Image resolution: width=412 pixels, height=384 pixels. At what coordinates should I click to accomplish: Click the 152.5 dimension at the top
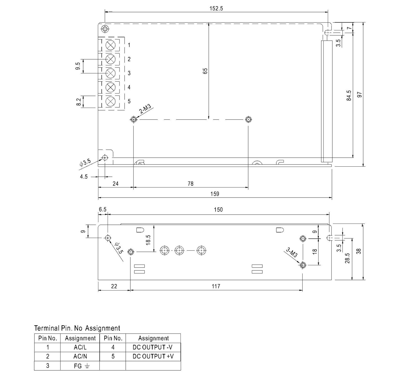click(x=216, y=8)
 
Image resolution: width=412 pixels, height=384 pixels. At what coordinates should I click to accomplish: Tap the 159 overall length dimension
click(x=215, y=194)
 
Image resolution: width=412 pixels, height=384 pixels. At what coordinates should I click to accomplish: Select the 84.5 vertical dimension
click(x=349, y=95)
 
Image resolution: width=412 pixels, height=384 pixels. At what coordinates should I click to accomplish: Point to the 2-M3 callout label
click(x=145, y=109)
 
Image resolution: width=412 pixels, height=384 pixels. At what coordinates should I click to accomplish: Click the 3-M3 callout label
click(x=292, y=253)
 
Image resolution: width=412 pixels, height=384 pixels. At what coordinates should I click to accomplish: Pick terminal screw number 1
click(x=110, y=45)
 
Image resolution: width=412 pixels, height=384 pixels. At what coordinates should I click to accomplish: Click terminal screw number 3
click(x=110, y=73)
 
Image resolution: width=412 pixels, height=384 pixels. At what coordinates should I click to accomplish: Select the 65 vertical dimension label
click(x=205, y=71)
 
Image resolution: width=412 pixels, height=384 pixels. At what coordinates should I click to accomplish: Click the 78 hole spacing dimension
click(x=191, y=184)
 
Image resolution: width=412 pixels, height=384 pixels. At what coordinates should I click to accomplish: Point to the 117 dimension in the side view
click(x=216, y=286)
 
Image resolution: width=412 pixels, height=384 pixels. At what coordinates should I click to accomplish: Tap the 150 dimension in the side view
click(x=218, y=210)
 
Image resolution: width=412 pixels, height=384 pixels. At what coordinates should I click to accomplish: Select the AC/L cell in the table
click(x=80, y=347)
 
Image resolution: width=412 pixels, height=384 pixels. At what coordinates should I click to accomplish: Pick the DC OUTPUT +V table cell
click(x=153, y=356)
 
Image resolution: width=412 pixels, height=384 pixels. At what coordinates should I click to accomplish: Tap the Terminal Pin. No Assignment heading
click(x=77, y=328)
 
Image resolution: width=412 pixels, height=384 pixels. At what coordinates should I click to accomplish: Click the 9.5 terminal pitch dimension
click(x=78, y=66)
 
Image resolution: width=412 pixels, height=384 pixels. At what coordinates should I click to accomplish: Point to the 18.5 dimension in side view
click(x=148, y=240)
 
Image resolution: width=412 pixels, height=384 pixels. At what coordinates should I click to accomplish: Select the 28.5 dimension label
click(x=347, y=258)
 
